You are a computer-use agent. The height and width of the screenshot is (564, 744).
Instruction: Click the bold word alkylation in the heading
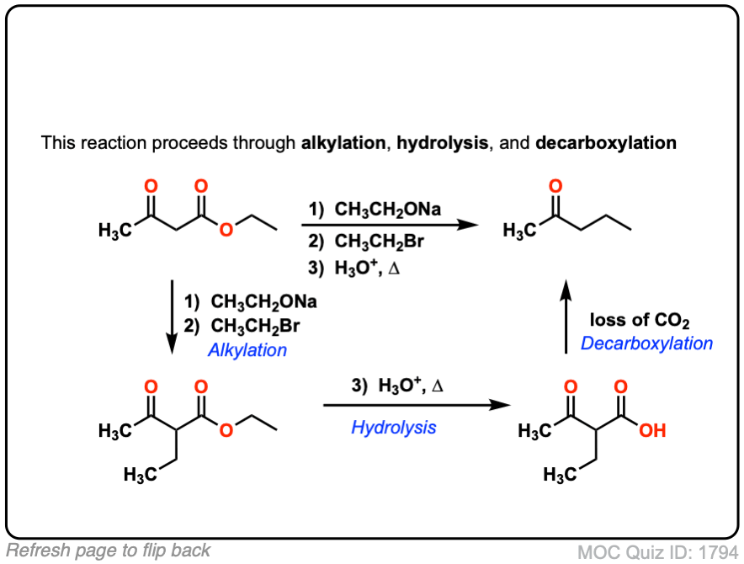(343, 143)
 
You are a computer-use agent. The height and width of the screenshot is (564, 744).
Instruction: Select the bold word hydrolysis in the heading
(440, 143)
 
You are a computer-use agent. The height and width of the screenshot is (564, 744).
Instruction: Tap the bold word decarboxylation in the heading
(606, 143)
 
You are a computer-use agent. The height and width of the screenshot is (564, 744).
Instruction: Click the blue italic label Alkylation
(247, 350)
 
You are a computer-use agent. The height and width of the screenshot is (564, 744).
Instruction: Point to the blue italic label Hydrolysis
(394, 428)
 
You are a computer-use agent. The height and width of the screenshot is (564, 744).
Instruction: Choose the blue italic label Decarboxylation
(646, 343)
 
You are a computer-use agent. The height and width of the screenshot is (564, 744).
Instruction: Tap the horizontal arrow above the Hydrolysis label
(417, 405)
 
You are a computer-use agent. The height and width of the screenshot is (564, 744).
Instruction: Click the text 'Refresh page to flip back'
(109, 551)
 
